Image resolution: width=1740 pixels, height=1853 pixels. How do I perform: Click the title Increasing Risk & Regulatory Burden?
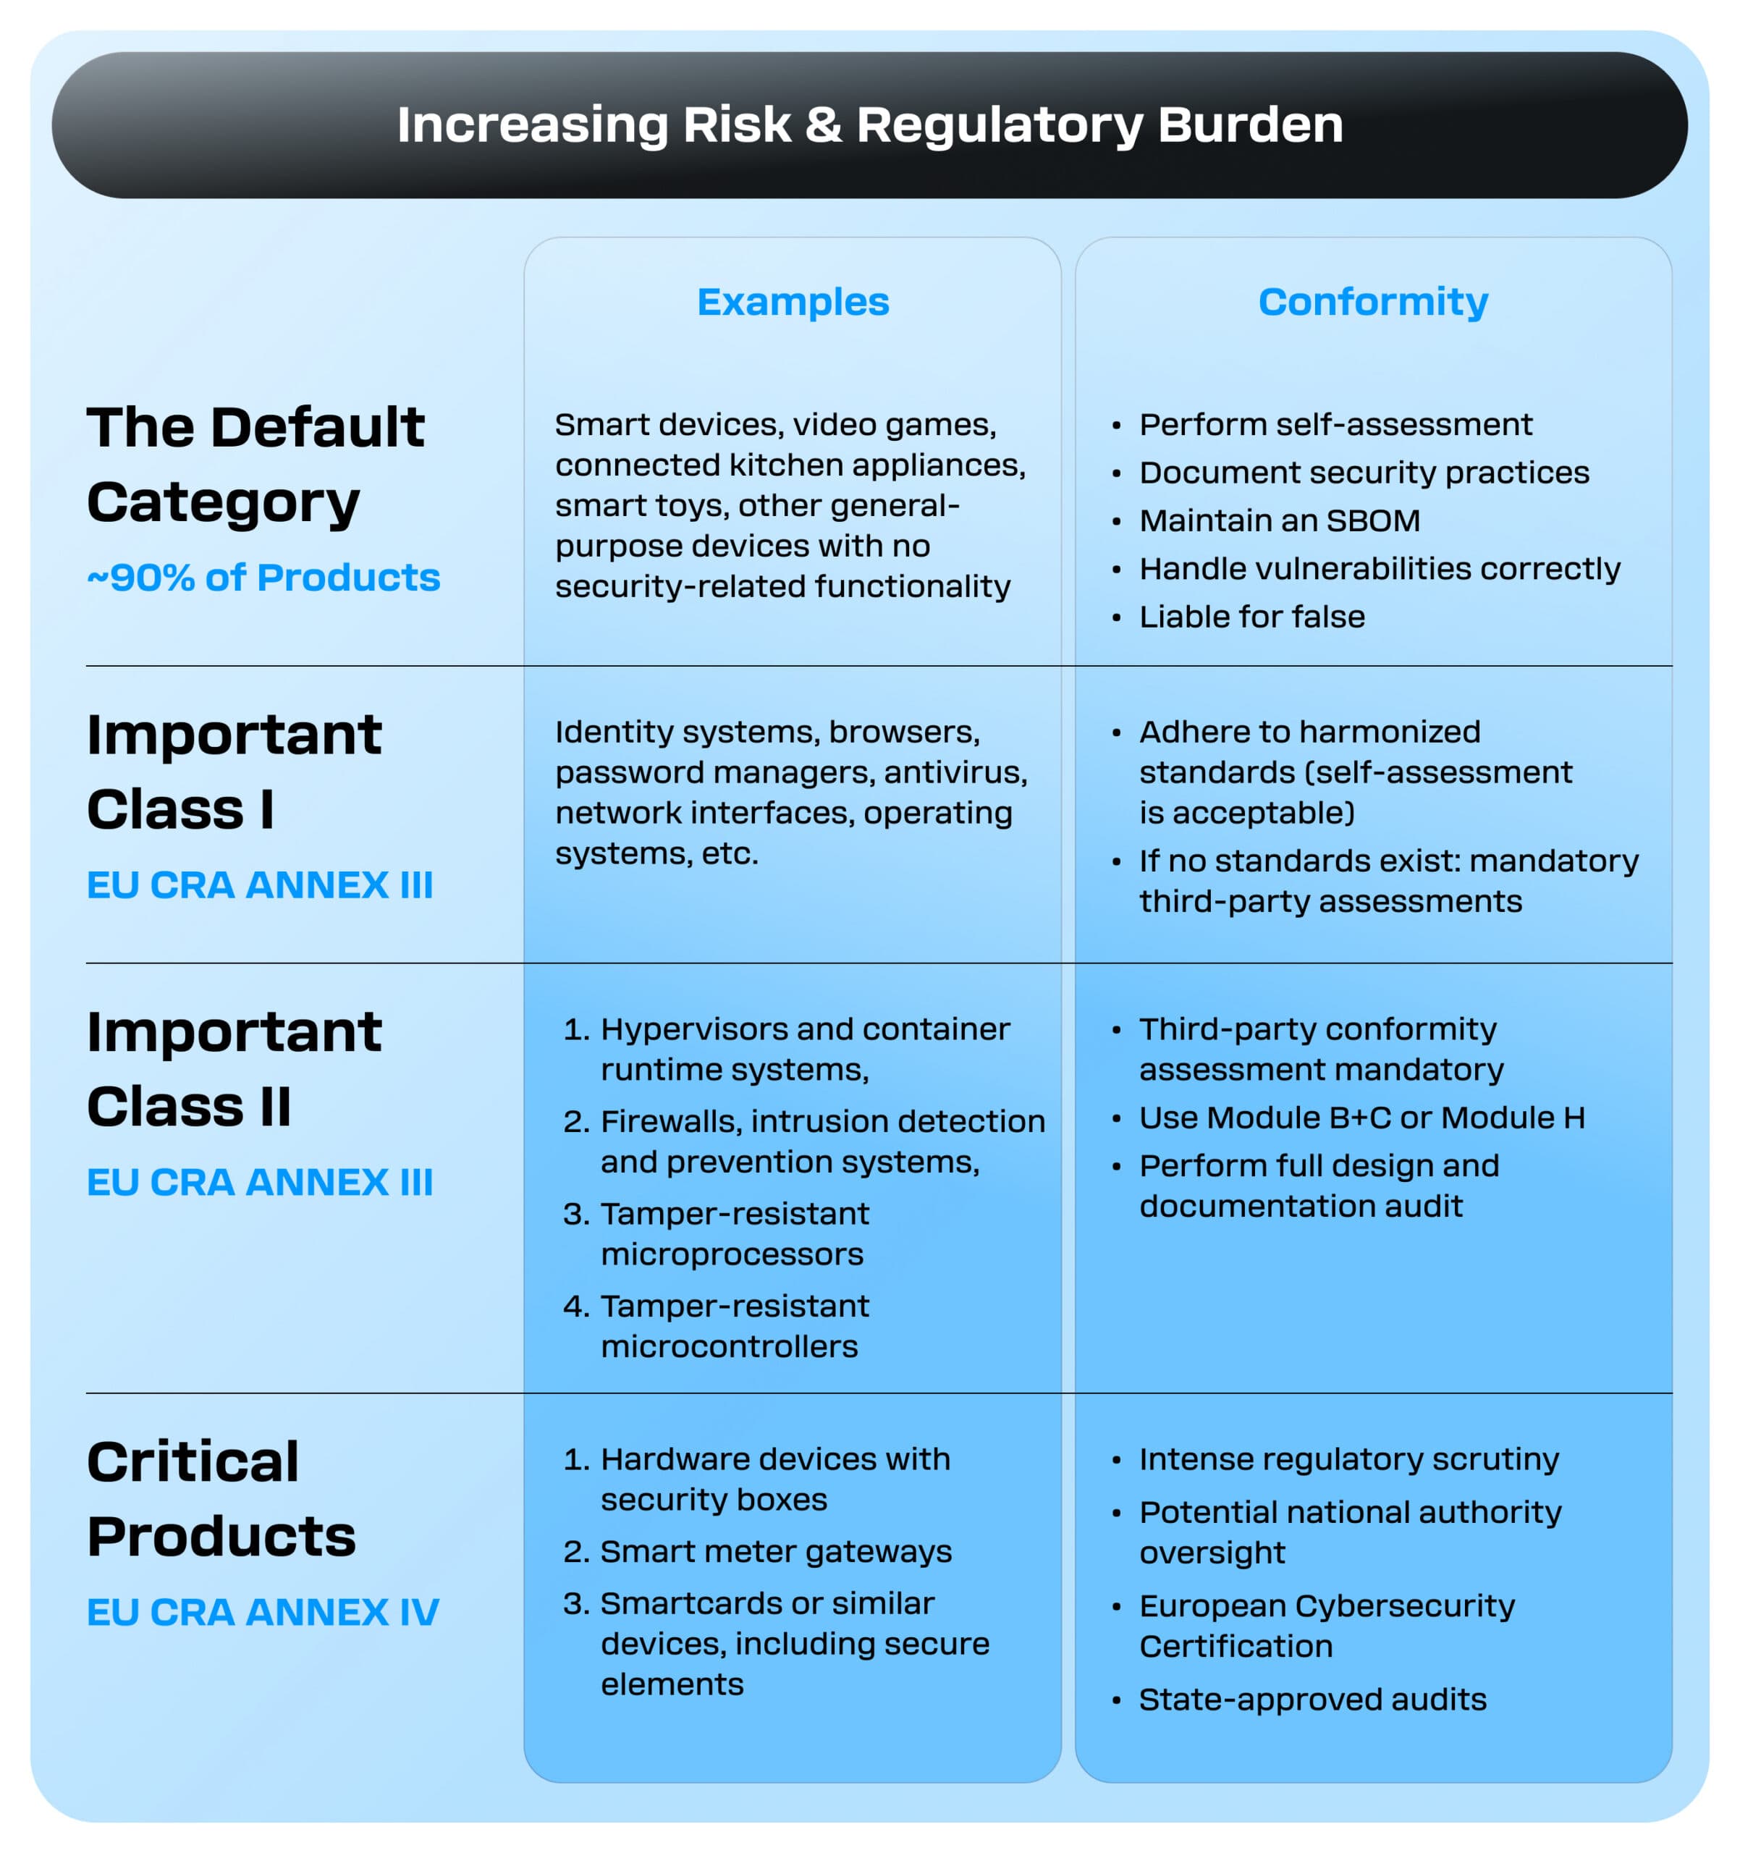869,125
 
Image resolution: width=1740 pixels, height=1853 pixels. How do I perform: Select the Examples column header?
793,302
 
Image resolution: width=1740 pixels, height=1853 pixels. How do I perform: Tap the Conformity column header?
1373,302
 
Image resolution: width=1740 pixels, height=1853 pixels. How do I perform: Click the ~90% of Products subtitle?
263,577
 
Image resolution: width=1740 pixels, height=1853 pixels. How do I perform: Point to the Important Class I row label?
234,772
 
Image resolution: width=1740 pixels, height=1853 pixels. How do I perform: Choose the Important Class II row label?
234,1069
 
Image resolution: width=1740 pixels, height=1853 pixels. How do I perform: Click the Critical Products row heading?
221,1499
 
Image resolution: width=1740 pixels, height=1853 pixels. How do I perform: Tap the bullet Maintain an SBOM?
1279,520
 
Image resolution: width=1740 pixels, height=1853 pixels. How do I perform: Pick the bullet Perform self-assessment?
1335,425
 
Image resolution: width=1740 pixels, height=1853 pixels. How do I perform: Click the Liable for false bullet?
1251,616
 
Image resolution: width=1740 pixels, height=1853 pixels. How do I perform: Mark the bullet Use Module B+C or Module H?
1361,1118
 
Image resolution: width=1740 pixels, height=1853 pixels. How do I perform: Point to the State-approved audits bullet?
1312,1700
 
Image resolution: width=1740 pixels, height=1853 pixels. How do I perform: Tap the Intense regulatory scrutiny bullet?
1348,1459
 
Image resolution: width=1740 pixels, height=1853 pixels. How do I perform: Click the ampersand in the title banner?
823,125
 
